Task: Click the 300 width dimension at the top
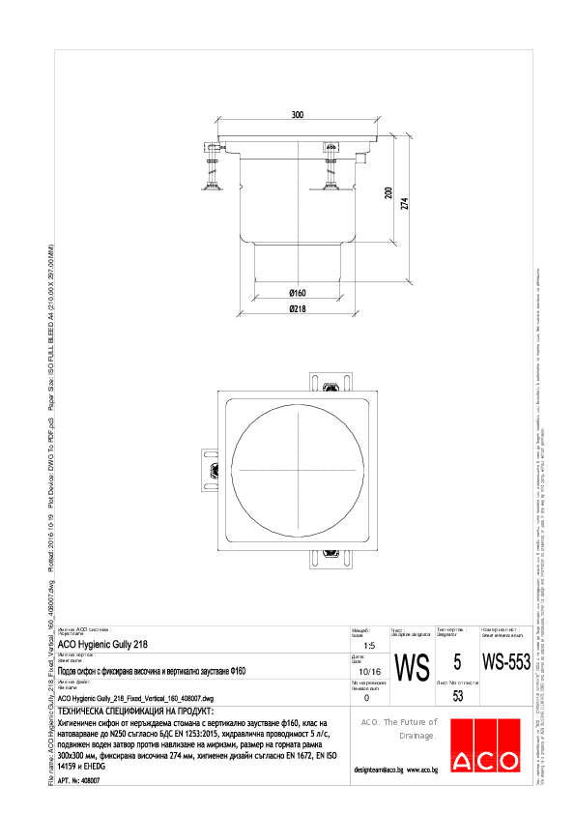[297, 115]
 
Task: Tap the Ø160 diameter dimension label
[297, 293]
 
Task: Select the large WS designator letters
[413, 667]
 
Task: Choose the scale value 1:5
[365, 646]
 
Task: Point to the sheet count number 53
[458, 696]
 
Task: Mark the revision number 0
[365, 696]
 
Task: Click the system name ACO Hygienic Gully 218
[103, 643]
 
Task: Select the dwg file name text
[135, 697]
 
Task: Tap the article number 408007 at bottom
[86, 779]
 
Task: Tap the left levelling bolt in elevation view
[212, 164]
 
